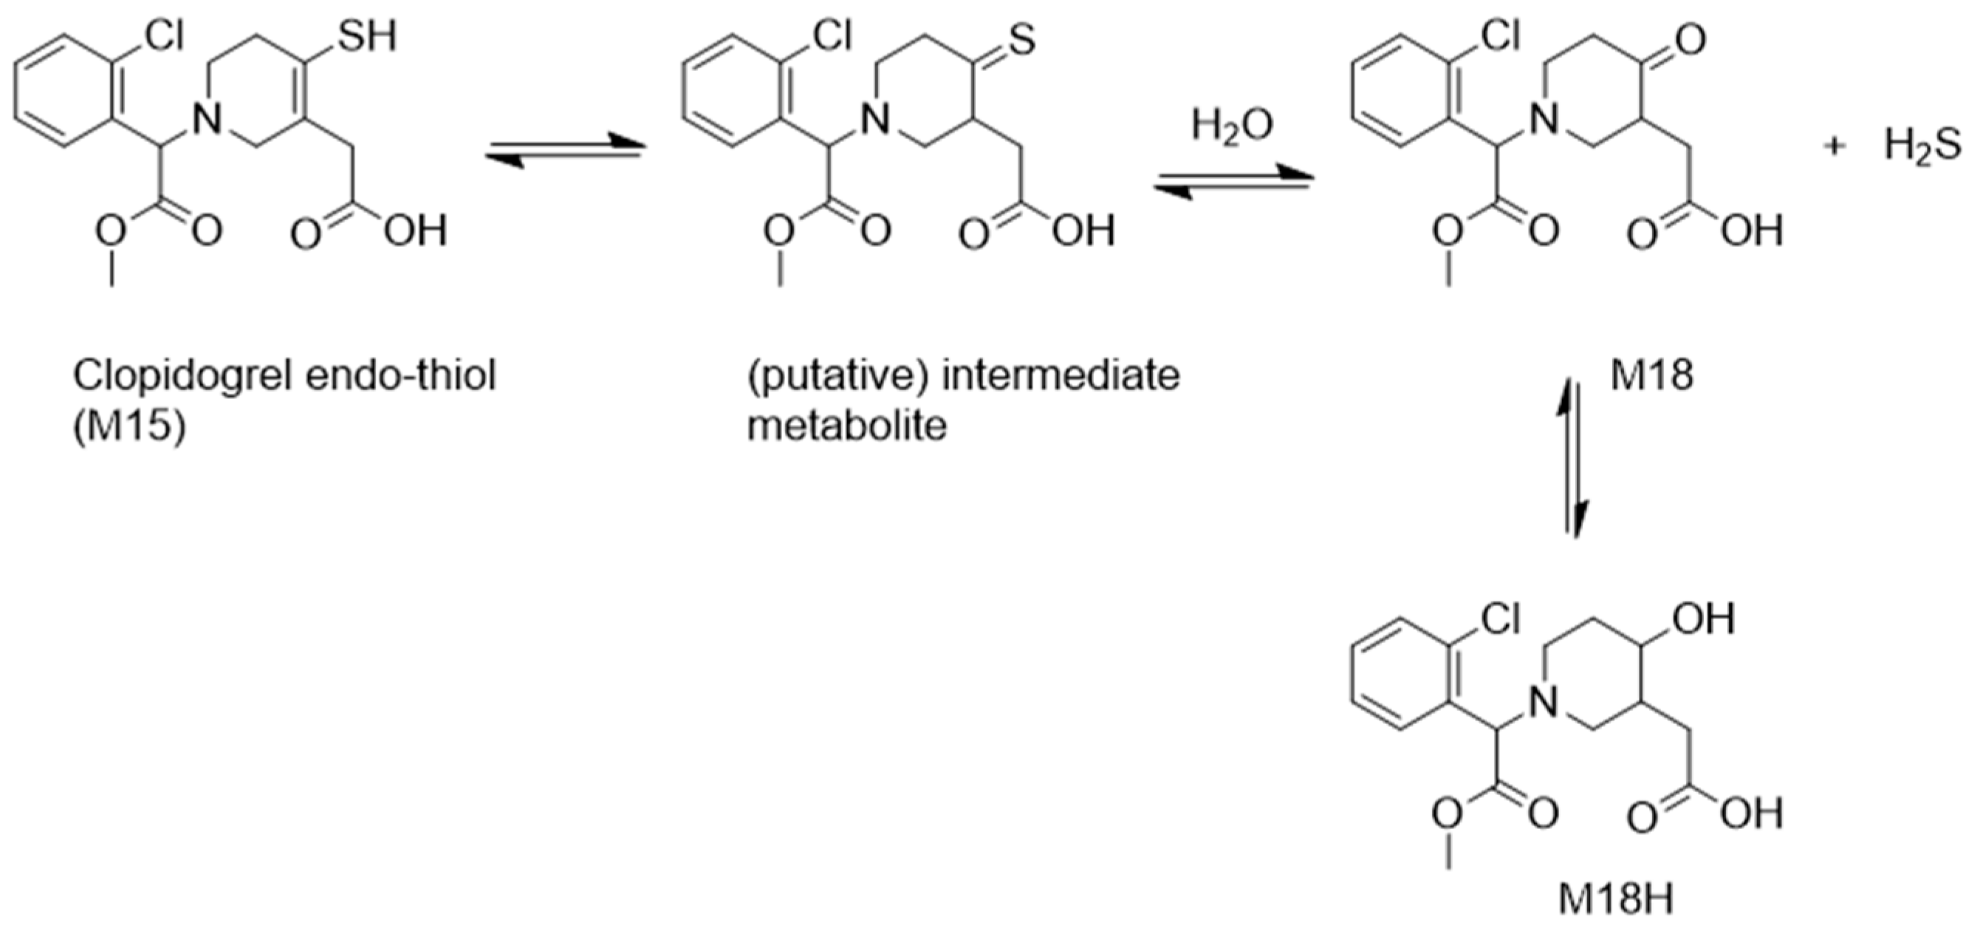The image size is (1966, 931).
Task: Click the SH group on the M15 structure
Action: coord(367,36)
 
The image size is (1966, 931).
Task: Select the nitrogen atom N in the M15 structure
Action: coord(207,118)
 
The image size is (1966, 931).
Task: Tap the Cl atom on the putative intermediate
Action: coord(831,36)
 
